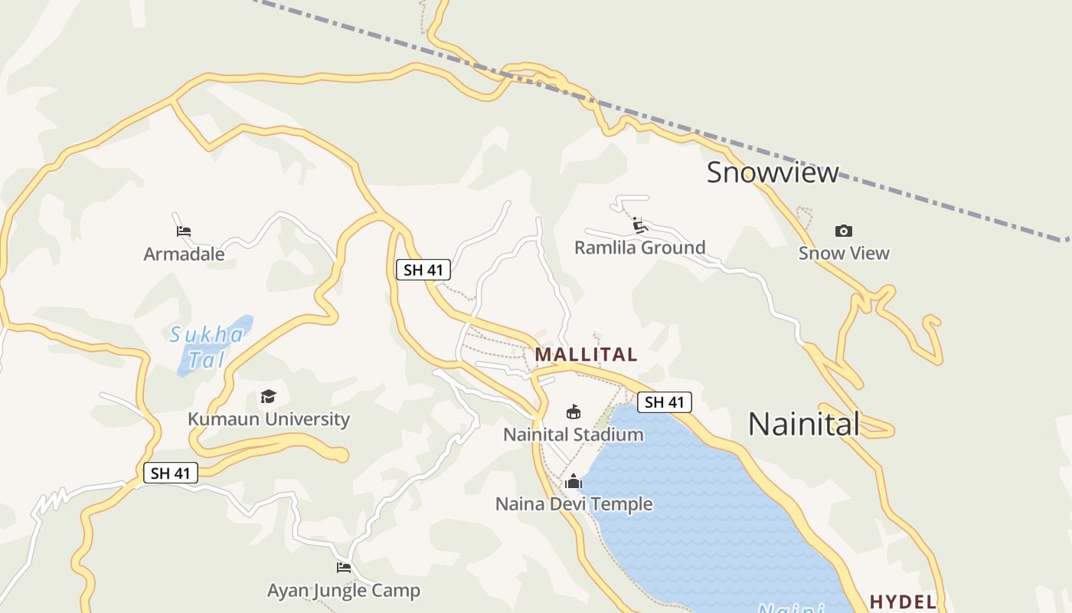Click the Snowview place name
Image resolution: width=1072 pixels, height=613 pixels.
tap(772, 172)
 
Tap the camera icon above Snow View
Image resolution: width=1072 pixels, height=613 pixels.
tap(844, 231)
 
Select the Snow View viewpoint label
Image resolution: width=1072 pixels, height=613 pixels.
tap(844, 253)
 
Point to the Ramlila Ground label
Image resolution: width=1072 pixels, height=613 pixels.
tap(639, 247)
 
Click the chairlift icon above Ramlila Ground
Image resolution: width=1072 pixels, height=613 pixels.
tap(640, 225)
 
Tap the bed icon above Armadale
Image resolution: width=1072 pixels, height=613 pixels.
tap(184, 231)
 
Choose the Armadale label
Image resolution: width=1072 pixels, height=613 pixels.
tap(184, 254)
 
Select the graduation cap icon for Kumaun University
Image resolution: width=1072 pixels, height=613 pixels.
tap(268, 396)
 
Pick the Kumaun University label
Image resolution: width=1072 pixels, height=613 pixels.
tap(268, 419)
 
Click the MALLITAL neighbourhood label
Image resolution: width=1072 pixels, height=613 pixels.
tap(586, 355)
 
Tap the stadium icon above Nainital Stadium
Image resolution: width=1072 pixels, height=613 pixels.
tap(574, 412)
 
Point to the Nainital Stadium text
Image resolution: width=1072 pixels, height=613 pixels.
tap(574, 434)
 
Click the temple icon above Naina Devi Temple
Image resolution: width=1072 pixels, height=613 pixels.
tap(574, 481)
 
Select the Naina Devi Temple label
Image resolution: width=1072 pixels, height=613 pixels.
tap(574, 504)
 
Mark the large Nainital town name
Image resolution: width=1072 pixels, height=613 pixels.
tap(803, 424)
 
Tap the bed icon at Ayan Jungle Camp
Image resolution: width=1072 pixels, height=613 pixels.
tap(344, 568)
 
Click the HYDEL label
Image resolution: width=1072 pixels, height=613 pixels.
tap(903, 602)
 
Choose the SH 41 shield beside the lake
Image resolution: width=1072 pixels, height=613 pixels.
tap(664, 402)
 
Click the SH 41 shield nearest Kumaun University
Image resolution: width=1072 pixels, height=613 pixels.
tap(171, 473)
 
